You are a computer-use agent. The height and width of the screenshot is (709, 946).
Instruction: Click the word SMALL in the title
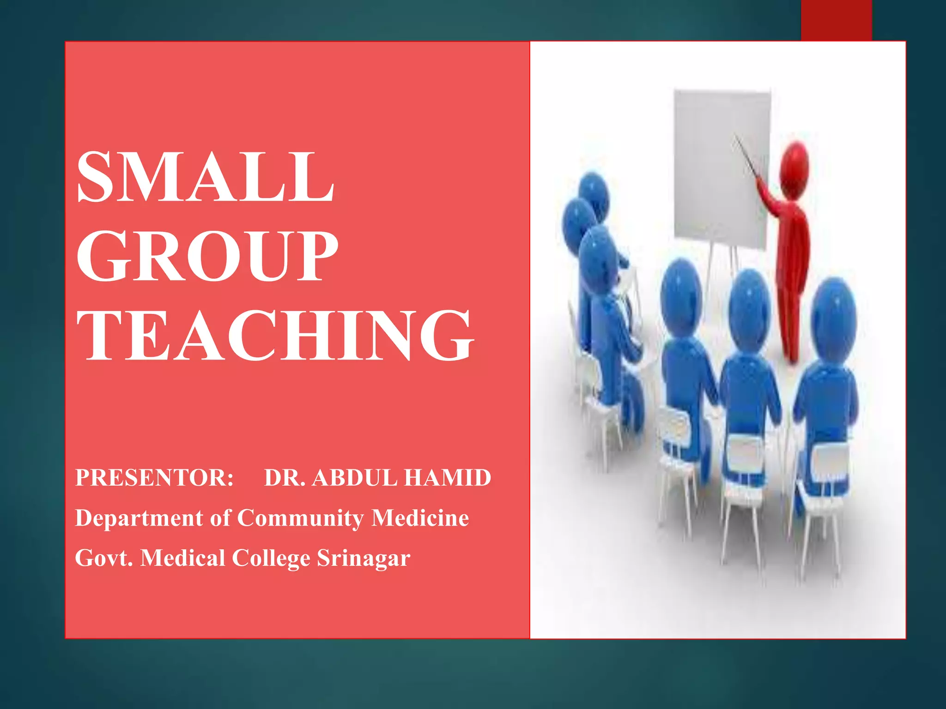[x=206, y=177]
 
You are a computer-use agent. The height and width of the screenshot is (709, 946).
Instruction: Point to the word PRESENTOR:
[x=154, y=478]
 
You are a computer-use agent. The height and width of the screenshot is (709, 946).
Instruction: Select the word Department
[x=139, y=518]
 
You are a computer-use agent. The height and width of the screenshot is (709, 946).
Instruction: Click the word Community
[x=300, y=518]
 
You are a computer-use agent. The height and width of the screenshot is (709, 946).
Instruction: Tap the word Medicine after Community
[x=420, y=518]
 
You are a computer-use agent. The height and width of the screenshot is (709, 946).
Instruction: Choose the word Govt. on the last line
[x=104, y=558]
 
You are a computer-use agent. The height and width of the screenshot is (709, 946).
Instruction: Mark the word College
[x=271, y=559]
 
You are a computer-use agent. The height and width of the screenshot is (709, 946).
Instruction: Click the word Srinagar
[x=364, y=559]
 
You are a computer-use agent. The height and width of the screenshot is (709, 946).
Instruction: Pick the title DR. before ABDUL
[x=285, y=478]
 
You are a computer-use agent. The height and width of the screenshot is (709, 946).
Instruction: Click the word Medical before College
[x=182, y=558]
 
